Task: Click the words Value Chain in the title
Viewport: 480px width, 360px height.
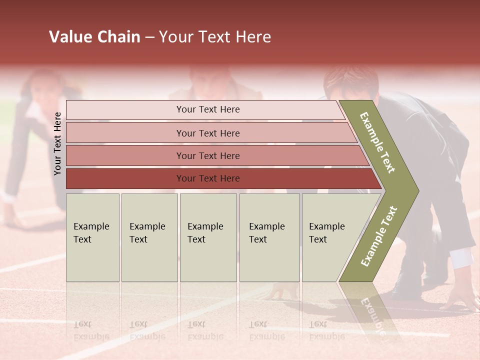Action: coord(94,37)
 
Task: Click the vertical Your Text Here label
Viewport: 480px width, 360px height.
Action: coord(57,143)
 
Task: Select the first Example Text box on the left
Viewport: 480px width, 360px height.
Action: coord(92,237)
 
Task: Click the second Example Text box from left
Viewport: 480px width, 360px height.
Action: coord(149,237)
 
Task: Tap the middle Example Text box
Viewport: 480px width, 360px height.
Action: coord(208,237)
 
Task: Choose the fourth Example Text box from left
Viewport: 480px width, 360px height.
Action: coord(269,237)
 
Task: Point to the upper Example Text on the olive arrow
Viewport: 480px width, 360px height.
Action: coord(378,142)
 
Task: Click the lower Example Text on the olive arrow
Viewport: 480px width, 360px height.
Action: coord(379,236)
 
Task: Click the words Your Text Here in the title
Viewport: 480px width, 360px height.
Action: coord(215,37)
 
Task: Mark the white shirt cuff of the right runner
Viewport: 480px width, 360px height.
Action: coord(461,257)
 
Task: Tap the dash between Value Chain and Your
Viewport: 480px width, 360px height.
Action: coord(149,37)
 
